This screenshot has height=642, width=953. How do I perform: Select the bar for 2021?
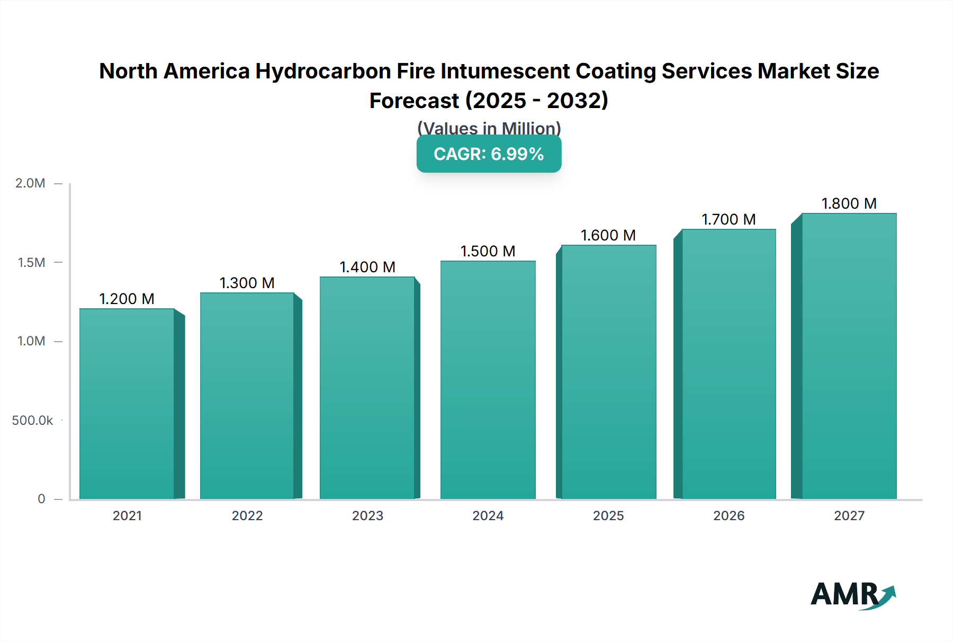127,404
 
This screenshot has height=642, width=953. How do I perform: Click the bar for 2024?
488,380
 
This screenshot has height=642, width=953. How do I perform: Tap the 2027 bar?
849,356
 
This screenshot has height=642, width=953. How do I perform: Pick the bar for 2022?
247,396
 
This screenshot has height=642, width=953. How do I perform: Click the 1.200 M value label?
127,299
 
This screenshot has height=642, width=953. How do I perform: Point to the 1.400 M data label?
367,267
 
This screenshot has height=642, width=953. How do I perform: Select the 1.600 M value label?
608,235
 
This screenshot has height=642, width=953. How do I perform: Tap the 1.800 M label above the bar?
849,203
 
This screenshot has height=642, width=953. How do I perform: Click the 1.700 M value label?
729,219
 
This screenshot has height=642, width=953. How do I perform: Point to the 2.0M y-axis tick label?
30,183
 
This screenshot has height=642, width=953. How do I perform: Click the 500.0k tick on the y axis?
32,421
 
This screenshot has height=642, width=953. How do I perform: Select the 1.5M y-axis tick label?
31,263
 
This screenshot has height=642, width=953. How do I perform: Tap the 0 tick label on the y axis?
41,499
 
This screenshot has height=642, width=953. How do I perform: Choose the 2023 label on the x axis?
367,516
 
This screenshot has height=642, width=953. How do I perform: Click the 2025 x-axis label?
608,516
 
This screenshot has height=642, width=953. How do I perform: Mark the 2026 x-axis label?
729,516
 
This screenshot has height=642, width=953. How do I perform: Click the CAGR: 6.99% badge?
489,154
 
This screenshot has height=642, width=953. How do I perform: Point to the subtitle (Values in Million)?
489,128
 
